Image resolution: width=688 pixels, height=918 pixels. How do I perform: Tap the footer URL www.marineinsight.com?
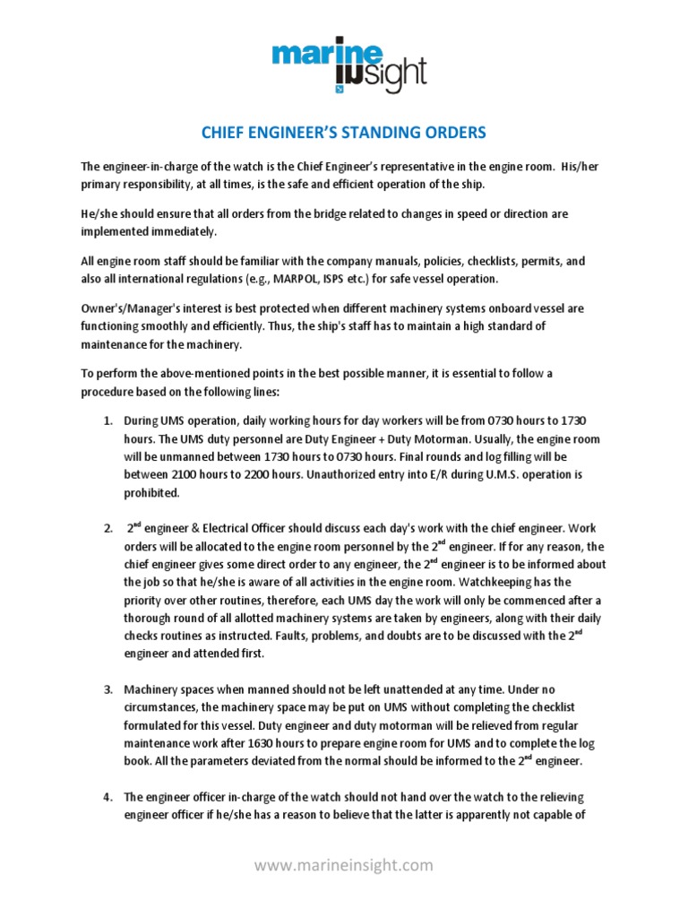[343, 865]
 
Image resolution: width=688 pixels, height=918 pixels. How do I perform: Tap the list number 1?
[106, 420]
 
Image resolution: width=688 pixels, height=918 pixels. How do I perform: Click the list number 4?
[106, 796]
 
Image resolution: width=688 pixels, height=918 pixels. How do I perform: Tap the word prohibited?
[152, 492]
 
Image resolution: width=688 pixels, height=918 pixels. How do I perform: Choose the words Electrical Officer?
[236, 529]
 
